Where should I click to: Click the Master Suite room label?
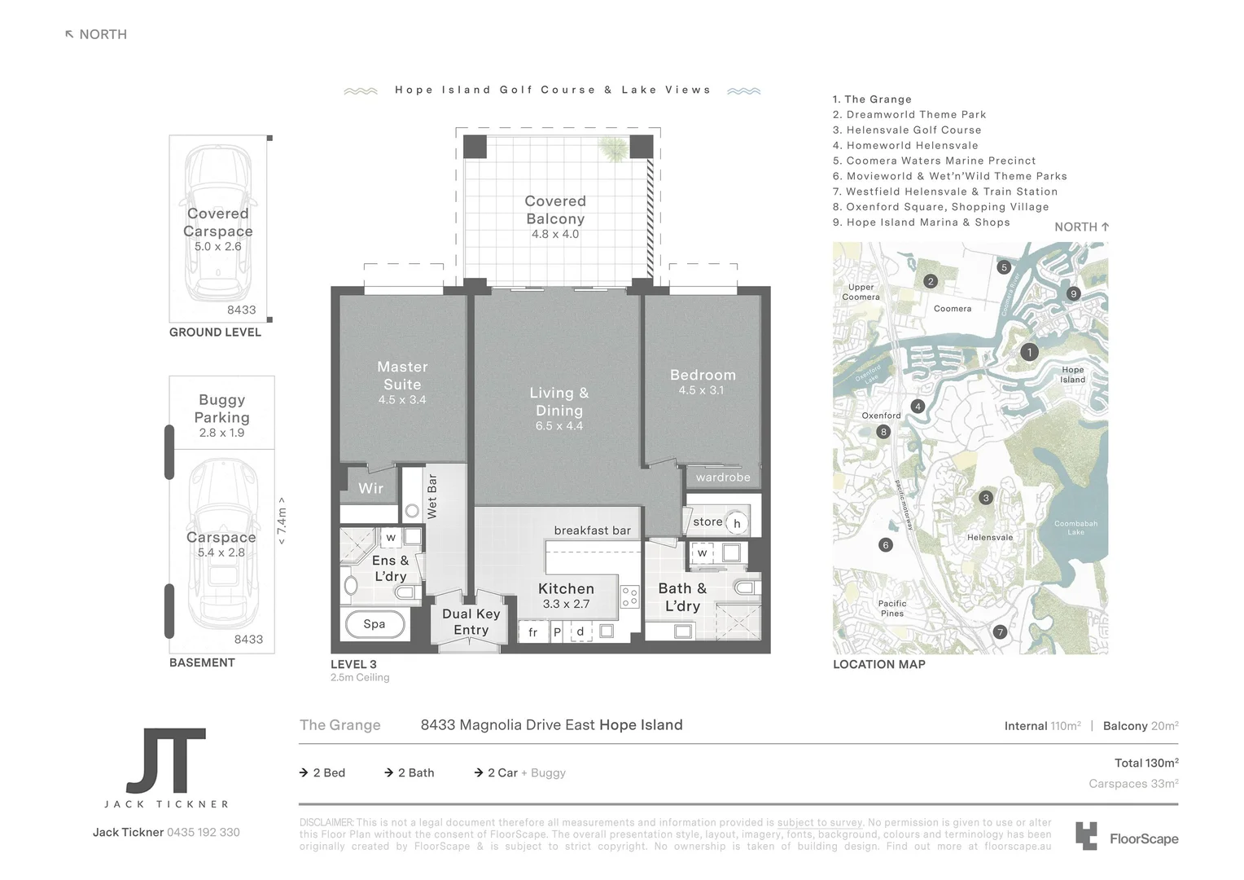(402, 376)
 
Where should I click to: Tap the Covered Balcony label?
(555, 209)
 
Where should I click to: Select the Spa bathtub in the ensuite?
(375, 625)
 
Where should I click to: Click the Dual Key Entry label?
(471, 622)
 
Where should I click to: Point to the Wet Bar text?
(432, 496)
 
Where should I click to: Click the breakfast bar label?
(592, 530)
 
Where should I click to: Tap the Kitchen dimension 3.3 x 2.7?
(566, 605)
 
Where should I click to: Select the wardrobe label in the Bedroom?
(723, 477)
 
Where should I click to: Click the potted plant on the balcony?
(613, 147)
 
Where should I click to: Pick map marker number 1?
(1029, 352)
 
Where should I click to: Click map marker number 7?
(1001, 632)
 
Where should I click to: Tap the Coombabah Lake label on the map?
(1075, 528)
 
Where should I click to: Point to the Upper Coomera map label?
(861, 292)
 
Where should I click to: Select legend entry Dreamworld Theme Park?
(915, 115)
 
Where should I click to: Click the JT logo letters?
(166, 761)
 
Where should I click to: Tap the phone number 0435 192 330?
(203, 833)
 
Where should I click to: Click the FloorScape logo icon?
(1086, 837)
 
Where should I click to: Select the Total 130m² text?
(1146, 763)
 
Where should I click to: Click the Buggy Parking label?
(221, 408)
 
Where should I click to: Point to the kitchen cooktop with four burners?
(629, 597)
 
